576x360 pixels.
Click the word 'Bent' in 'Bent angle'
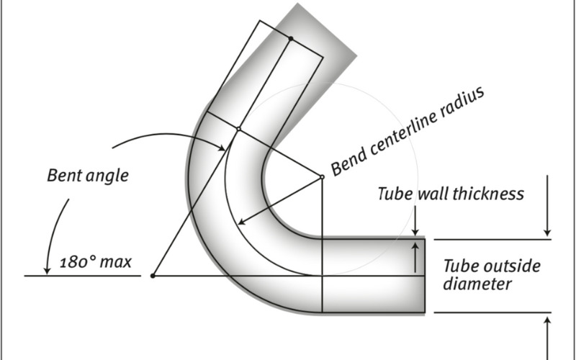tap(63, 175)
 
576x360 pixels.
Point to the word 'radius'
tap(468, 105)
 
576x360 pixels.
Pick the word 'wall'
tap(438, 194)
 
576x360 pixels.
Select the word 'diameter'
tap(477, 284)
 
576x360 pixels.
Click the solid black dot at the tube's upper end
tap(290, 38)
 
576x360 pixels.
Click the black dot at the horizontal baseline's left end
tap(153, 276)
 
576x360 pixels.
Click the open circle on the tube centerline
tap(238, 129)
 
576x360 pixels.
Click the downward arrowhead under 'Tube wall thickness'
tap(548, 231)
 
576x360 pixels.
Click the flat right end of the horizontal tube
tap(424, 275)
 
